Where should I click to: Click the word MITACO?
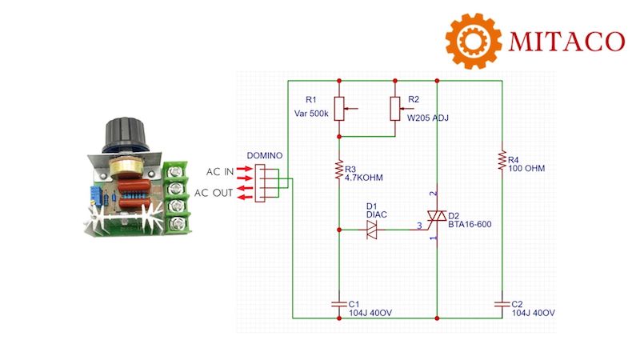coord(563,39)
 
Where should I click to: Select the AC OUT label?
coord(214,193)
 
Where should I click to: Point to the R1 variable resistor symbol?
coord(339,108)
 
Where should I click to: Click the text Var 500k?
coord(312,114)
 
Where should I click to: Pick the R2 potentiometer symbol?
coord(395,108)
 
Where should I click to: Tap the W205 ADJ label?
coord(429,118)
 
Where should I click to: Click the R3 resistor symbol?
coord(339,170)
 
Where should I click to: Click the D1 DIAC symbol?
coord(372,230)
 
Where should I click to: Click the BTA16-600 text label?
coord(470,225)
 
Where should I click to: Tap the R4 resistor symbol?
coord(501,159)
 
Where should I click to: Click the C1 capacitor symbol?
coord(339,303)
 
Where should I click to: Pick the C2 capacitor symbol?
coord(501,303)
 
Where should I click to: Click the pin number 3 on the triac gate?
coord(418,226)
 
